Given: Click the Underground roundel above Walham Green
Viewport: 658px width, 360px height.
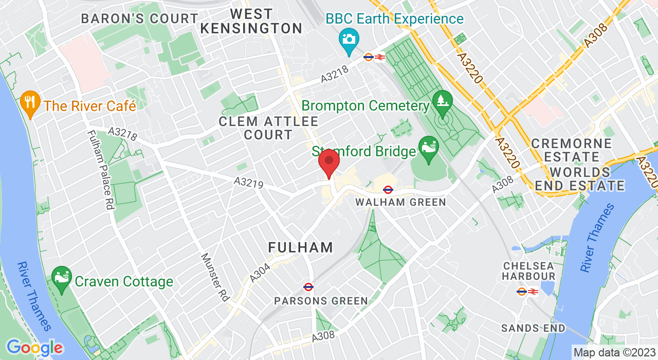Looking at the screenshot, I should pyautogui.click(x=389, y=190).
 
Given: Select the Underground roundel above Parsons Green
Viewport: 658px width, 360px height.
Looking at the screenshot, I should pyautogui.click(x=308, y=287).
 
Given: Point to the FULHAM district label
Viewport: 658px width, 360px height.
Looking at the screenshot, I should pyautogui.click(x=301, y=247).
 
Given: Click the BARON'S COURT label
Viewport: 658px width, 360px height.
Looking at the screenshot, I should pyautogui.click(x=140, y=19).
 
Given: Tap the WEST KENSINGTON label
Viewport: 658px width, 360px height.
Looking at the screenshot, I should pyautogui.click(x=251, y=21).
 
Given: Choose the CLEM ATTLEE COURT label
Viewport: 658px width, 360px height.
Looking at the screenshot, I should pyautogui.click(x=268, y=129).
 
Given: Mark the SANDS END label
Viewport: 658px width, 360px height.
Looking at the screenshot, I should pyautogui.click(x=533, y=328).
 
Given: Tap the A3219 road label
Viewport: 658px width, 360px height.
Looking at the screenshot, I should pyautogui.click(x=248, y=183).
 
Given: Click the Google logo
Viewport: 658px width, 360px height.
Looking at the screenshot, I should pyautogui.click(x=34, y=348).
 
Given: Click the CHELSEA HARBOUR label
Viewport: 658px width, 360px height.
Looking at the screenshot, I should pyautogui.click(x=529, y=271).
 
